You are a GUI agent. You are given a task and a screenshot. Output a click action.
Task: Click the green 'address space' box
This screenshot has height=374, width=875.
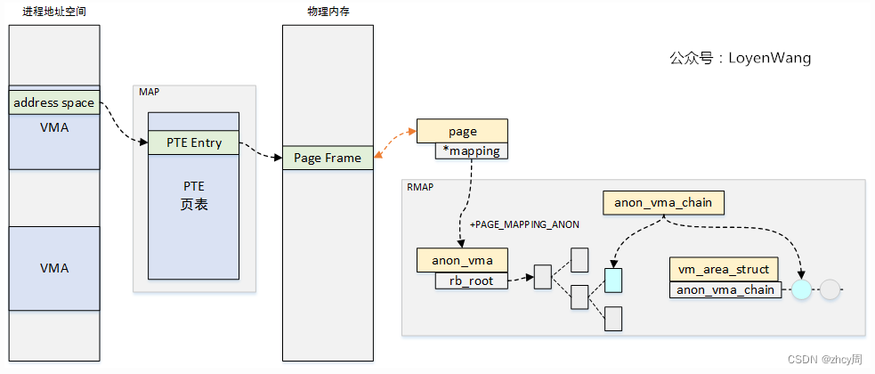[x=54, y=102]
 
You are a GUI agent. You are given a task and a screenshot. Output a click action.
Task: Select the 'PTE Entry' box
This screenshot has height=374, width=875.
[x=193, y=142]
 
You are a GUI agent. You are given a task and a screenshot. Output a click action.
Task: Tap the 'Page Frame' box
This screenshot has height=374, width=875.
[x=328, y=158]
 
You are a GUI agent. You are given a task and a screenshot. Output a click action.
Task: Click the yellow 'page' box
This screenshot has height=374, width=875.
[x=462, y=131]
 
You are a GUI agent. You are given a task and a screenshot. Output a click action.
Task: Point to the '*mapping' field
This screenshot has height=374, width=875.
[x=471, y=151]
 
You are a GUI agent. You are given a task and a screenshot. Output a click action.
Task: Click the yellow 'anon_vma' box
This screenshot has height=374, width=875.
[x=462, y=260]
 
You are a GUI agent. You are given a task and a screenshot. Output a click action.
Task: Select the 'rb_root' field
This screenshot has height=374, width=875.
[x=471, y=280]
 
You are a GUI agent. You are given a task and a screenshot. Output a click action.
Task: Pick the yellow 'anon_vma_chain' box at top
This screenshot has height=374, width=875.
[x=663, y=202]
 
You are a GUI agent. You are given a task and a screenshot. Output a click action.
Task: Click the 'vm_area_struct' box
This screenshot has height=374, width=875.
[x=724, y=269]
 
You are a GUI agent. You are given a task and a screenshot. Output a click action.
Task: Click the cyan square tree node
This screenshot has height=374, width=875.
[x=612, y=280]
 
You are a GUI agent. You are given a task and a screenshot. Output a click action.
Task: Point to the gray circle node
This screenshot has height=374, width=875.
[x=830, y=289]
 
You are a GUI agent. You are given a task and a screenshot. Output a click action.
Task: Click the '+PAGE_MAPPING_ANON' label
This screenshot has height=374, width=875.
[x=524, y=225]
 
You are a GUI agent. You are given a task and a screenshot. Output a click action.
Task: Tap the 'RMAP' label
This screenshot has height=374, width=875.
[x=420, y=188]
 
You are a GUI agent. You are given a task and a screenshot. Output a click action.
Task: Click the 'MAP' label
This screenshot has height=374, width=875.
[x=149, y=93]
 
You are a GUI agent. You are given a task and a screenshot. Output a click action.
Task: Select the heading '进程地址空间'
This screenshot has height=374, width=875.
[x=54, y=10]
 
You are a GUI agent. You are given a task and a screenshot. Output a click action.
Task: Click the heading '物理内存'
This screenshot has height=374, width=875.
[x=327, y=10]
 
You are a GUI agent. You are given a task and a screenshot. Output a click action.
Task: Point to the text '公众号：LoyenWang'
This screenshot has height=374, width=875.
[x=740, y=58]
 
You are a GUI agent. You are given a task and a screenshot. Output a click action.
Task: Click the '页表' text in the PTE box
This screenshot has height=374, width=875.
[x=193, y=204]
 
